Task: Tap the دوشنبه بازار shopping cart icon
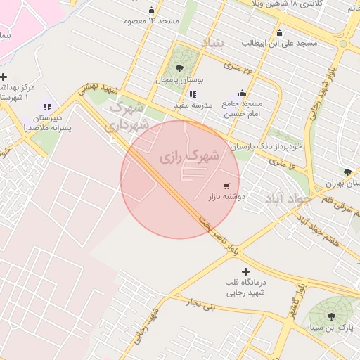click(226, 186)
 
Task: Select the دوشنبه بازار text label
click(226, 198)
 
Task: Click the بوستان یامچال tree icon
click(179, 68)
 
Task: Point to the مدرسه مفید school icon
click(193, 94)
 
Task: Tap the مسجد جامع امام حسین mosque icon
click(243, 93)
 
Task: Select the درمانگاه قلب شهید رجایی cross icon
click(245, 271)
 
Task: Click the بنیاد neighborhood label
click(212, 44)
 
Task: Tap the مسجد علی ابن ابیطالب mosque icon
click(280, 32)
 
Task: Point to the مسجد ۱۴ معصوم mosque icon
click(151, 10)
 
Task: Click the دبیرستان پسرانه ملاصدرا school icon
click(47, 108)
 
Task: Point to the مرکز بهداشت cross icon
click(4, 77)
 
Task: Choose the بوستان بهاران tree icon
click(347, 172)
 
